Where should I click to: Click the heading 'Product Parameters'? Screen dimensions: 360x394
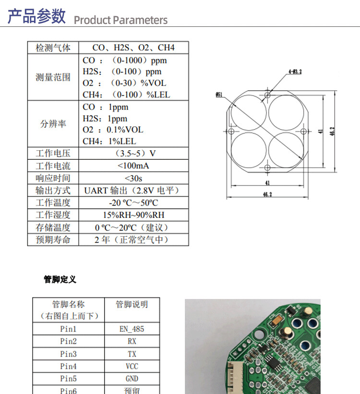tap(120, 20)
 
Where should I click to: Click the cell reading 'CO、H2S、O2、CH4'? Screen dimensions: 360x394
tap(133, 48)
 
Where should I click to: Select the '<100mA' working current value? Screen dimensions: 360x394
tap(133, 166)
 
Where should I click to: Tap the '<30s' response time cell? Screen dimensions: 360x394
tap(133, 179)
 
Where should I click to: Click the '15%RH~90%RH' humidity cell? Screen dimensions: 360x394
tap(133, 215)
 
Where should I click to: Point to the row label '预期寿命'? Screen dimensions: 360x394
tap(53, 240)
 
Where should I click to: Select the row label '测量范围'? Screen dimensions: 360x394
tap(53, 77)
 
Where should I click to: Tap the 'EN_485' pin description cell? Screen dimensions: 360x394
tap(132, 329)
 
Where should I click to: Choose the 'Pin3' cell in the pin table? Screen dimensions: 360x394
tap(68, 354)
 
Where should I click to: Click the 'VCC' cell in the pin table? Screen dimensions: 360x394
tap(132, 366)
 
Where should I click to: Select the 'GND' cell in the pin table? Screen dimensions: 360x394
tap(132, 379)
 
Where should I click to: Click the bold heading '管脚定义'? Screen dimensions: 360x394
tap(60, 279)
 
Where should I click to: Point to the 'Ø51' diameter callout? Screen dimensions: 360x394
tap(219, 95)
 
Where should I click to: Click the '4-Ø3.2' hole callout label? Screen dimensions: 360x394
tap(295, 72)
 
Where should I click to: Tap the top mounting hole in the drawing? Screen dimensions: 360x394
tap(267, 95)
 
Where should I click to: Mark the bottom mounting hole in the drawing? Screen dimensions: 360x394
tap(267, 167)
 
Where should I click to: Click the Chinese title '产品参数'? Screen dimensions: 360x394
tap(36, 16)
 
